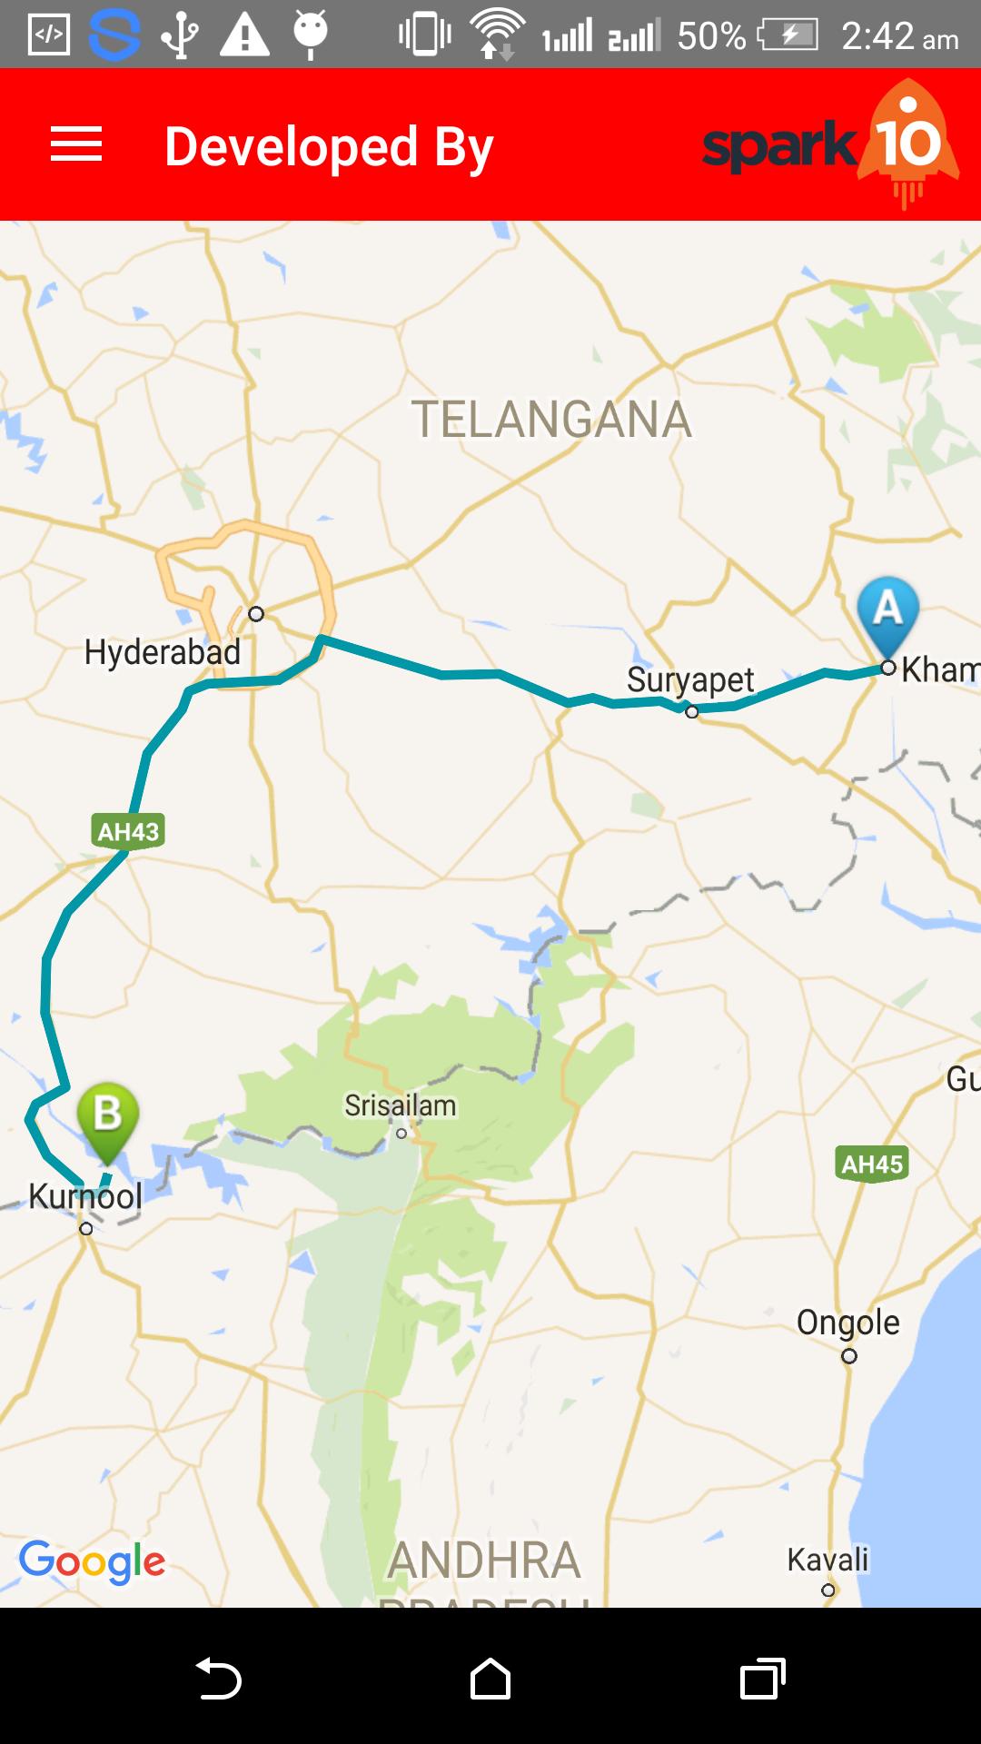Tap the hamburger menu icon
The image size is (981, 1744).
76,144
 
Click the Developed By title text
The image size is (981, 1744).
329,147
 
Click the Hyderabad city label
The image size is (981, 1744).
162,652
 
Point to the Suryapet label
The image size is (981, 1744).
690,679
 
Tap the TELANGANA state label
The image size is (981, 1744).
551,420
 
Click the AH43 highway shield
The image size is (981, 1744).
128,831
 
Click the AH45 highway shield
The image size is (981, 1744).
872,1164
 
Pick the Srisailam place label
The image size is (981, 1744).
400,1105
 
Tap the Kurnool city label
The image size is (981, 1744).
85,1196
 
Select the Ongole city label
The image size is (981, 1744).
847,1323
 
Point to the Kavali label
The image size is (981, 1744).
827,1560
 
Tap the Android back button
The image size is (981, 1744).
219,1678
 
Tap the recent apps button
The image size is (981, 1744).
763,1678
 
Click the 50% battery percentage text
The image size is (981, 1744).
711,36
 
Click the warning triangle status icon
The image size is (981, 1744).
245,35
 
